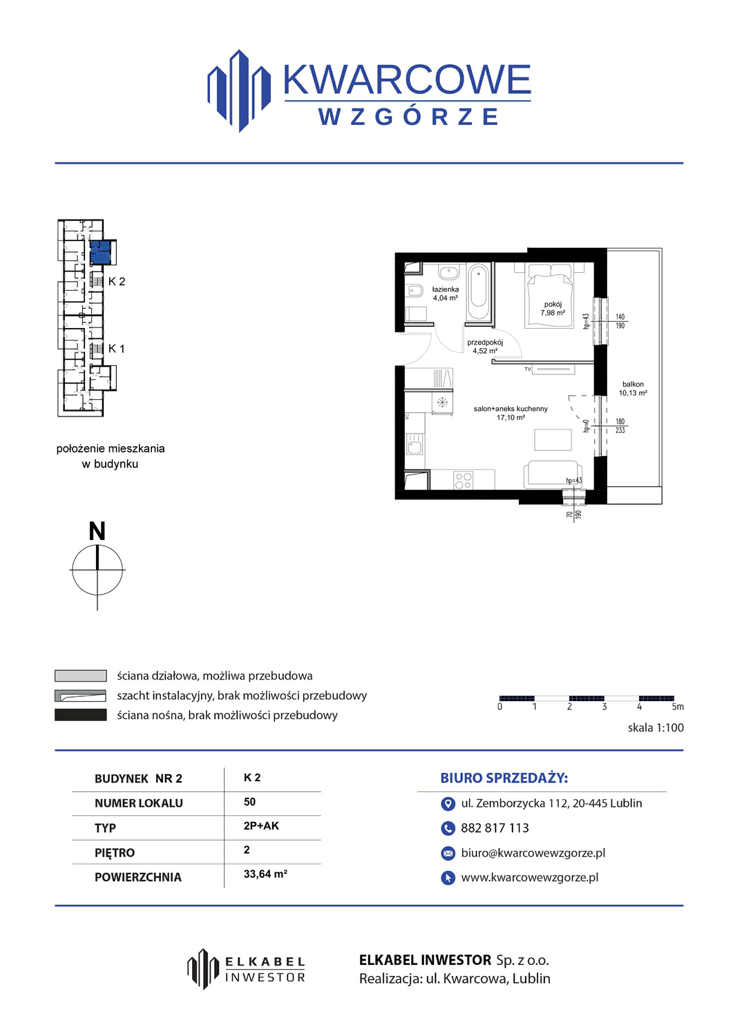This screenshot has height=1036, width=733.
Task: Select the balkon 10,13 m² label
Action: point(633,388)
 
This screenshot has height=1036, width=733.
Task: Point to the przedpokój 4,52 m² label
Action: point(485,347)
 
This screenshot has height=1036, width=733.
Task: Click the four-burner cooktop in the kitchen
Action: point(463,479)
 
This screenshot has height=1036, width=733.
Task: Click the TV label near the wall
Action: point(528,369)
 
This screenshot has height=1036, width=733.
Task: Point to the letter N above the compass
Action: point(97,531)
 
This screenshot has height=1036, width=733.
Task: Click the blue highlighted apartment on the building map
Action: point(100,253)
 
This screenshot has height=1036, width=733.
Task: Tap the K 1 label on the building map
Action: point(117,349)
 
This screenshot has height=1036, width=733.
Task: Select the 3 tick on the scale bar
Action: point(605,707)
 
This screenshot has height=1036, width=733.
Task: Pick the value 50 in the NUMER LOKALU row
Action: point(250,801)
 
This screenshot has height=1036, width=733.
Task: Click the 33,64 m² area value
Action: point(265,874)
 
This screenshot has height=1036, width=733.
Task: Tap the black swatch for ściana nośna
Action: point(81,715)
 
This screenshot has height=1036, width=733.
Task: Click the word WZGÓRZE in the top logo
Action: point(408,117)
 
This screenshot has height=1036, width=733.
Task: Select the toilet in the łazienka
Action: point(413,291)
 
